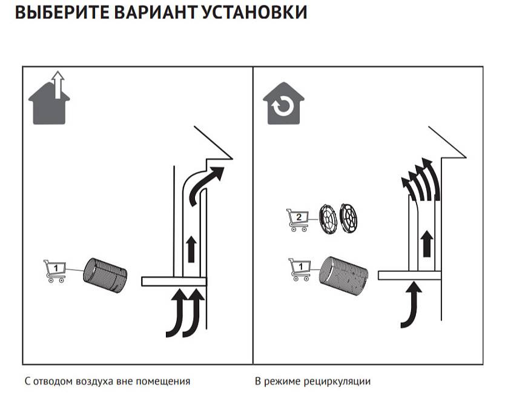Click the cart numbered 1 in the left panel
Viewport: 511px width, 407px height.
(55, 271)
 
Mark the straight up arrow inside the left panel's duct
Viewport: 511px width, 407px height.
(192, 249)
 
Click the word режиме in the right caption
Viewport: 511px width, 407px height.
(285, 382)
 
